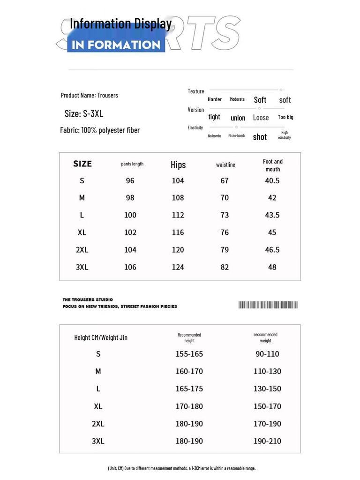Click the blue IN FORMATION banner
(x=116, y=45)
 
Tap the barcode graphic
(x=268, y=305)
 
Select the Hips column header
(x=178, y=165)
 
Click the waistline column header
(x=225, y=165)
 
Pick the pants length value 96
(x=130, y=180)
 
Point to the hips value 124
(x=178, y=267)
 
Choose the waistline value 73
(x=225, y=215)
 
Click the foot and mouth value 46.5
(x=272, y=250)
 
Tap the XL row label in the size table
(x=82, y=232)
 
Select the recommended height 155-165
(x=189, y=354)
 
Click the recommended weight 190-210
(x=267, y=441)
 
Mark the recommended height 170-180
(x=189, y=406)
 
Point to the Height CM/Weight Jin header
(x=101, y=337)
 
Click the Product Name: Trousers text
(x=90, y=95)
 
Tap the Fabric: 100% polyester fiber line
(x=100, y=130)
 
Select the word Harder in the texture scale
(x=215, y=99)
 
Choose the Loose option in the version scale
(x=261, y=118)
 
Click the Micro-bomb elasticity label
(x=236, y=136)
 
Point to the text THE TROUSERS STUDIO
(x=88, y=300)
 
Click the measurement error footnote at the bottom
(x=181, y=468)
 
